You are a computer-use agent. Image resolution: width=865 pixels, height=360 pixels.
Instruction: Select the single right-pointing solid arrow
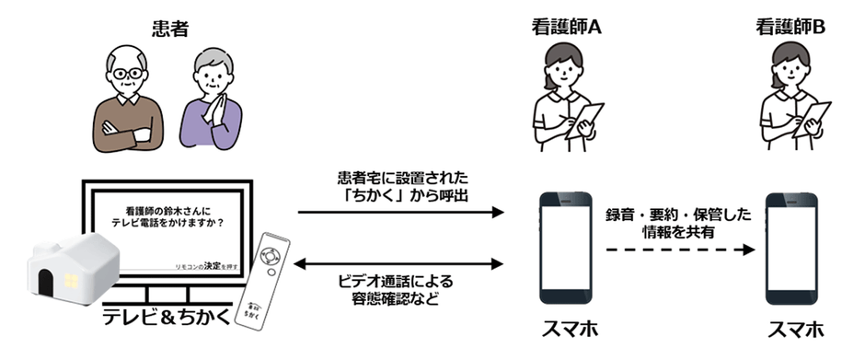402,213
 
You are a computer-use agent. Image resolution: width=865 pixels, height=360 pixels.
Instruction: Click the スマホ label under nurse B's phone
792,329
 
